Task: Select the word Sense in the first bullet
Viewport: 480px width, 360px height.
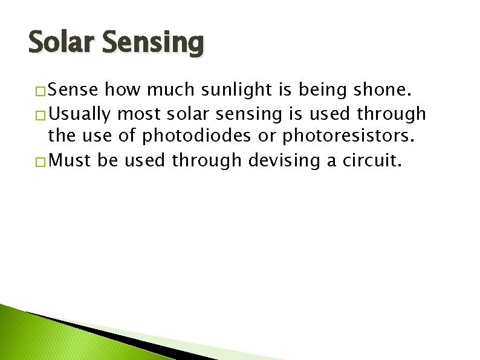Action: pos(73,91)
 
